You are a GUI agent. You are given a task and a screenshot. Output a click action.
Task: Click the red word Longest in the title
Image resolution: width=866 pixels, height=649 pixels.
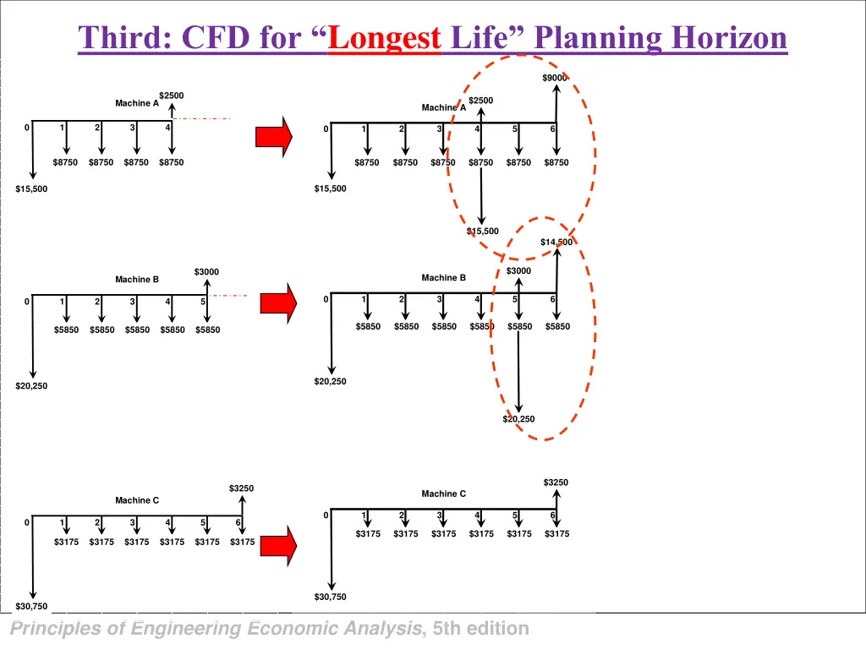click(x=385, y=38)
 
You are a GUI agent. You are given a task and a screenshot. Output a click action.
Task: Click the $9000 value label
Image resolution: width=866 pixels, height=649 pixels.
click(x=555, y=79)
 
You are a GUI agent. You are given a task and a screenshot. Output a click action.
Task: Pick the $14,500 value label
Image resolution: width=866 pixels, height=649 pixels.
click(x=556, y=243)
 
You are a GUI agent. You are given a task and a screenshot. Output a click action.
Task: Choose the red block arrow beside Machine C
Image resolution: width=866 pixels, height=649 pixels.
click(x=278, y=543)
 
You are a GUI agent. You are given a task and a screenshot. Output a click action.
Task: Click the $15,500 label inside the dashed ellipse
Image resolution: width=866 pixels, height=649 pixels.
click(x=483, y=231)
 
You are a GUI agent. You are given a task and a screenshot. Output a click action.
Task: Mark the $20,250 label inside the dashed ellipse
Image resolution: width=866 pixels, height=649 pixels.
click(x=518, y=419)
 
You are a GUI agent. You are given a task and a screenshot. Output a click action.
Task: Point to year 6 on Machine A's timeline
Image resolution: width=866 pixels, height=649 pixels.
click(x=553, y=129)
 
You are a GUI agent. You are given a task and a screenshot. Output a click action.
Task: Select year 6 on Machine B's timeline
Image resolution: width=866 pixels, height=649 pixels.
click(x=553, y=299)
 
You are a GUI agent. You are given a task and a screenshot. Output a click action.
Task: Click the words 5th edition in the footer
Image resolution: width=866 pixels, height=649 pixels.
click(x=480, y=629)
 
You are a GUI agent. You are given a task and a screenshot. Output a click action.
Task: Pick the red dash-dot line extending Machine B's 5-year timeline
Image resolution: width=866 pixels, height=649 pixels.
click(x=228, y=296)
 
